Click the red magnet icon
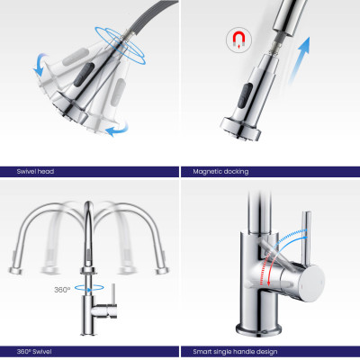[238, 40]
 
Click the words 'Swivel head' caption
[35, 172]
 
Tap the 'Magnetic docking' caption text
[220, 172]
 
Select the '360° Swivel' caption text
[34, 352]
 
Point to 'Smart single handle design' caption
[235, 352]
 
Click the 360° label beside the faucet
[62, 290]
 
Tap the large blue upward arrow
[300, 60]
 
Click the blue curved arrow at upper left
[40, 64]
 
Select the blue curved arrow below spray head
[117, 130]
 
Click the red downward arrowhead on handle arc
[268, 283]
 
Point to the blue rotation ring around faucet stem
[89, 288]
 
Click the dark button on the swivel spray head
[84, 74]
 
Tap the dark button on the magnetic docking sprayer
[244, 96]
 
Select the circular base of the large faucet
[258, 329]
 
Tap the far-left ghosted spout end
[15, 270]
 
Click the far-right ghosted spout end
[162, 270]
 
